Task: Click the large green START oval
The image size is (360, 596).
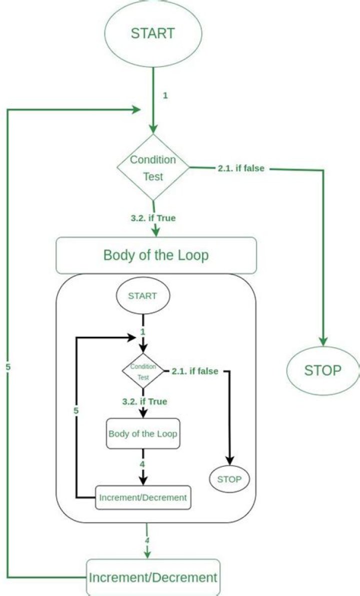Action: [x=152, y=34]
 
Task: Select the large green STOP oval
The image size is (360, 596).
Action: [x=322, y=370]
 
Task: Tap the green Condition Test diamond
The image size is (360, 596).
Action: [x=153, y=168]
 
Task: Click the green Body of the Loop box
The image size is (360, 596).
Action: [x=156, y=255]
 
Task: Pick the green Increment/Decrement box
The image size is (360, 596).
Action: [x=153, y=577]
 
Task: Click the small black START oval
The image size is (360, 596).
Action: [x=142, y=296]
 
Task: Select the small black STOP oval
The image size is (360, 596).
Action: [x=229, y=479]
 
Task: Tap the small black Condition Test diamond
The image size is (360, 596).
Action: [x=143, y=371]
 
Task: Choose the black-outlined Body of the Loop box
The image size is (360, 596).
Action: [x=143, y=433]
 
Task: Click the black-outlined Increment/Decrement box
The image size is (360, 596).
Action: [x=143, y=497]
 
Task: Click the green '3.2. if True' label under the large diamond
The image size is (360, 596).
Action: [x=152, y=218]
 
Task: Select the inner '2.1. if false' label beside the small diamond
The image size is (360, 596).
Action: [x=194, y=371]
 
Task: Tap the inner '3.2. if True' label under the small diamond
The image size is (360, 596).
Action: [x=144, y=401]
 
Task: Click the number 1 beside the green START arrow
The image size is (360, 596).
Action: [x=165, y=95]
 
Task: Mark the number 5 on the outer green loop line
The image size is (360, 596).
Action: [x=7, y=367]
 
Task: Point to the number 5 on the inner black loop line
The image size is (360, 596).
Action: [x=76, y=410]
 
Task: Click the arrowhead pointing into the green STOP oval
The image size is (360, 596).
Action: [x=323, y=341]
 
